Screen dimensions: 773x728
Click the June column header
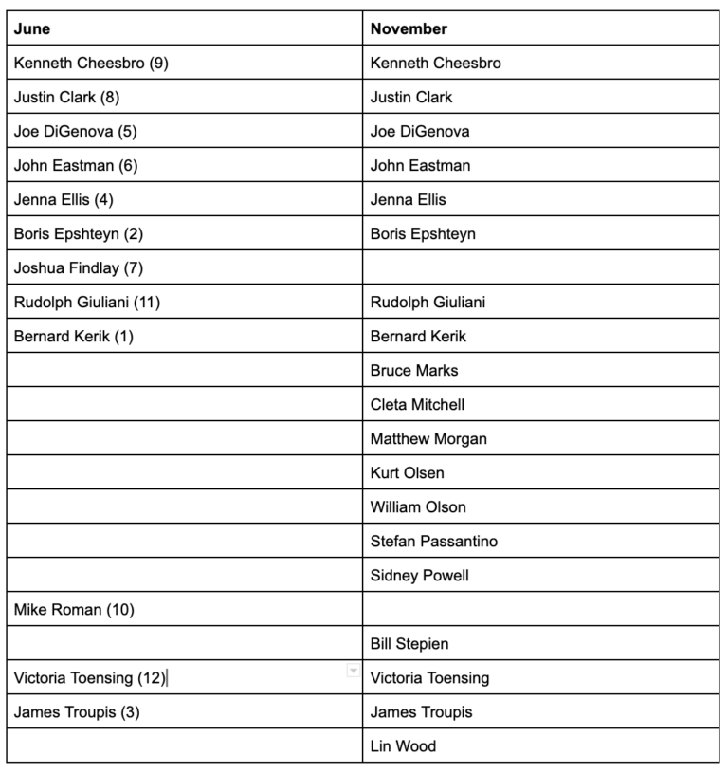pos(32,28)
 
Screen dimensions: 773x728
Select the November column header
pos(409,28)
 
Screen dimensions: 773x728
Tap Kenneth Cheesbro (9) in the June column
pos(91,64)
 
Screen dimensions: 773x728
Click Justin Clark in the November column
pos(411,98)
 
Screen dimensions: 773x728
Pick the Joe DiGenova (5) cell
pos(76,132)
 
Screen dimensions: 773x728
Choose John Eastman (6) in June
pos(76,166)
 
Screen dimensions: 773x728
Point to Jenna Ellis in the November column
pos(409,200)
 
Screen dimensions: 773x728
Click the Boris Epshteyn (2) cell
pos(79,234)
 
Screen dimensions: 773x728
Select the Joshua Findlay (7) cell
pos(79,268)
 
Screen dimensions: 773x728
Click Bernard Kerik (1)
pos(74,337)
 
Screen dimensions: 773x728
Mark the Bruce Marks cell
pos(414,371)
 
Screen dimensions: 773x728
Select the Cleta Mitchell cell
pos(418,405)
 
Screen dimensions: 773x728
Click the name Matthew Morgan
pos(428,439)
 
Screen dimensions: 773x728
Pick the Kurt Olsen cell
pos(408,473)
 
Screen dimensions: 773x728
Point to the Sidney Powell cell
pos(420,576)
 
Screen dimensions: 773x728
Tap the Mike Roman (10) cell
pos(74,610)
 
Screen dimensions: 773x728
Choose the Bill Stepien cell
pos(409,644)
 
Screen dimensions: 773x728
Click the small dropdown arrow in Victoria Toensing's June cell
pos(354,671)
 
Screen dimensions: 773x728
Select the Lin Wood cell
pos(403,746)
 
